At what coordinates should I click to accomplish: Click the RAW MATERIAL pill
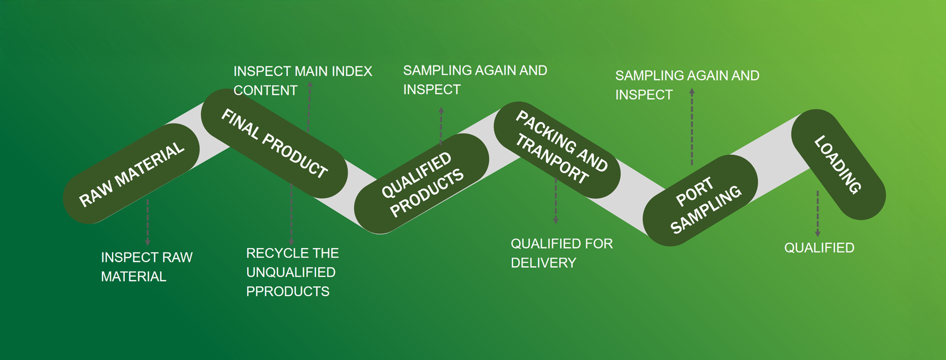131,174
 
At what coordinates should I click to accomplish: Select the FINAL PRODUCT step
274,143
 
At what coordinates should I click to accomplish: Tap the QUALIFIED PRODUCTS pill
422,183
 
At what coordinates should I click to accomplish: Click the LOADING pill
838,164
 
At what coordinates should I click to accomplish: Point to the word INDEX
352,71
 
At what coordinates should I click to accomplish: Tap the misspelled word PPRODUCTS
288,292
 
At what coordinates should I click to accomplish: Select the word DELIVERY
543,263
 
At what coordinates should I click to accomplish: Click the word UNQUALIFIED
291,272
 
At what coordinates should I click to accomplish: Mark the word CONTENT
266,91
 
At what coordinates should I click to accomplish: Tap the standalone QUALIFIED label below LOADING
819,248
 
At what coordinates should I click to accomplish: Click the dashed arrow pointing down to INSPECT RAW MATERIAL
147,222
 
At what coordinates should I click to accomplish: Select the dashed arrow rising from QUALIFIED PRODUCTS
441,126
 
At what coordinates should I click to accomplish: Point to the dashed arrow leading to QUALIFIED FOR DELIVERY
556,202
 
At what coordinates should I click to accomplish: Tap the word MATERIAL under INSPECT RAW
134,277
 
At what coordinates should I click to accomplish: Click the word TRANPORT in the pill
552,159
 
